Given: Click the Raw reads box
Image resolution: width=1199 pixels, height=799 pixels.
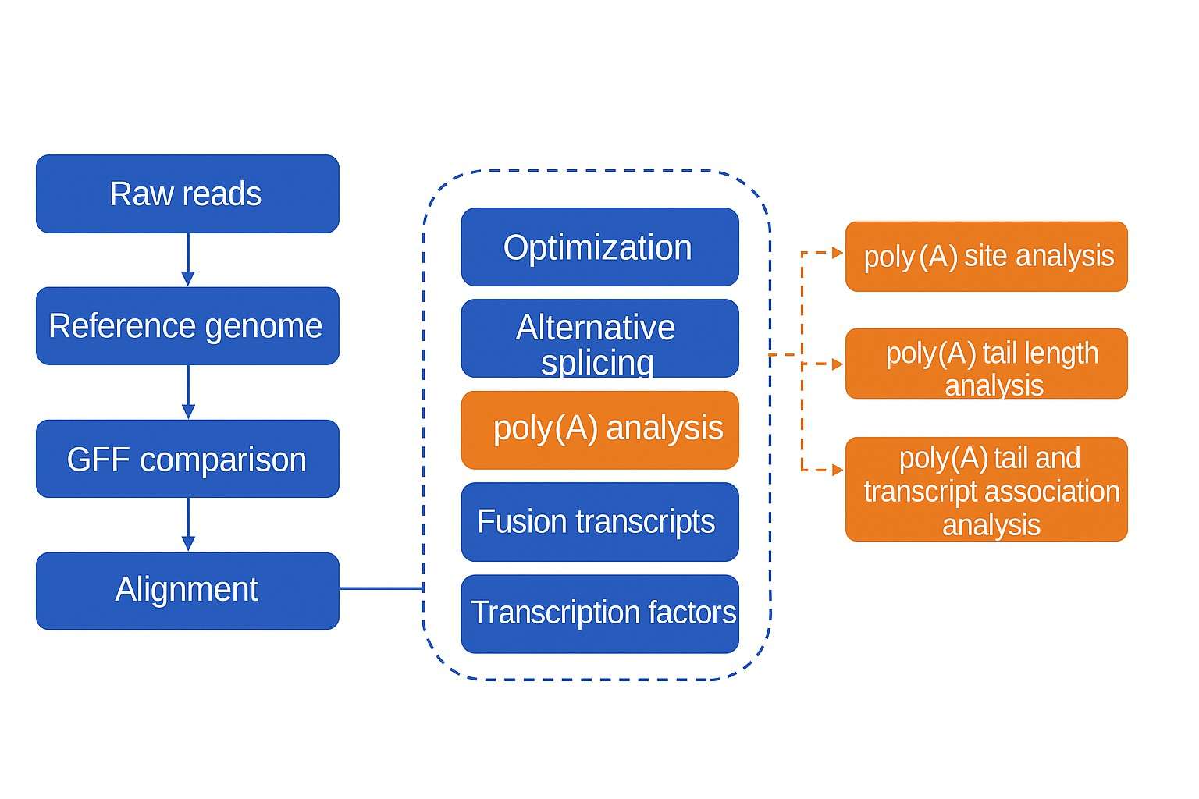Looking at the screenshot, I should pyautogui.click(x=187, y=194).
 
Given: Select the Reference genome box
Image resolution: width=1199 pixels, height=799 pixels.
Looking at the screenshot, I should pyautogui.click(x=187, y=325).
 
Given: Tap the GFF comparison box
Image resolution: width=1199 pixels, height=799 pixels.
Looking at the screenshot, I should pyautogui.click(x=187, y=459).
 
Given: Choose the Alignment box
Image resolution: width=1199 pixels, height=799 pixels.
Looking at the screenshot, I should pyautogui.click(x=187, y=591).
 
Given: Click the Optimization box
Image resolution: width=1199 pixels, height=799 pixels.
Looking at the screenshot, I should pyautogui.click(x=599, y=247).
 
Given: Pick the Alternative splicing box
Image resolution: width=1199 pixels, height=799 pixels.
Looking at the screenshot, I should pyautogui.click(x=599, y=339).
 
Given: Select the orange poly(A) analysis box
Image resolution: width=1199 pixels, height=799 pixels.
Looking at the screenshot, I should pyautogui.click(x=599, y=430).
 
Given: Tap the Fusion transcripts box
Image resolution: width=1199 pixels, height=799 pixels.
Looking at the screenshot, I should pyautogui.click(x=599, y=521).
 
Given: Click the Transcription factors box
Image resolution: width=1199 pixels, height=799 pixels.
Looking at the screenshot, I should pyautogui.click(x=599, y=613).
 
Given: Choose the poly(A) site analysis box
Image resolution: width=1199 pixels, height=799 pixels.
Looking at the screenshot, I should pyautogui.click(x=986, y=257).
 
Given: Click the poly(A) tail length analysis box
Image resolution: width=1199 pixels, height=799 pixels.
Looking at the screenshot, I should pyautogui.click(x=986, y=364).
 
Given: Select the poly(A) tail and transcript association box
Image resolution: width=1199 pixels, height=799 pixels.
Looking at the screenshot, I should pyautogui.click(x=986, y=489).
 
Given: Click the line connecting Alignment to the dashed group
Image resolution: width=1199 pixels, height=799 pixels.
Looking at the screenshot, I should pyautogui.click(x=381, y=588).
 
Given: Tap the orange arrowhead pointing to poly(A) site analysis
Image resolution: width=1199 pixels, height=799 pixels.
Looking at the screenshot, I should pyautogui.click(x=838, y=253).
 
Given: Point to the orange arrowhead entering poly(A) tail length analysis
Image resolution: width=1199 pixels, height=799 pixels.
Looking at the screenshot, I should pyautogui.click(x=838, y=364).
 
